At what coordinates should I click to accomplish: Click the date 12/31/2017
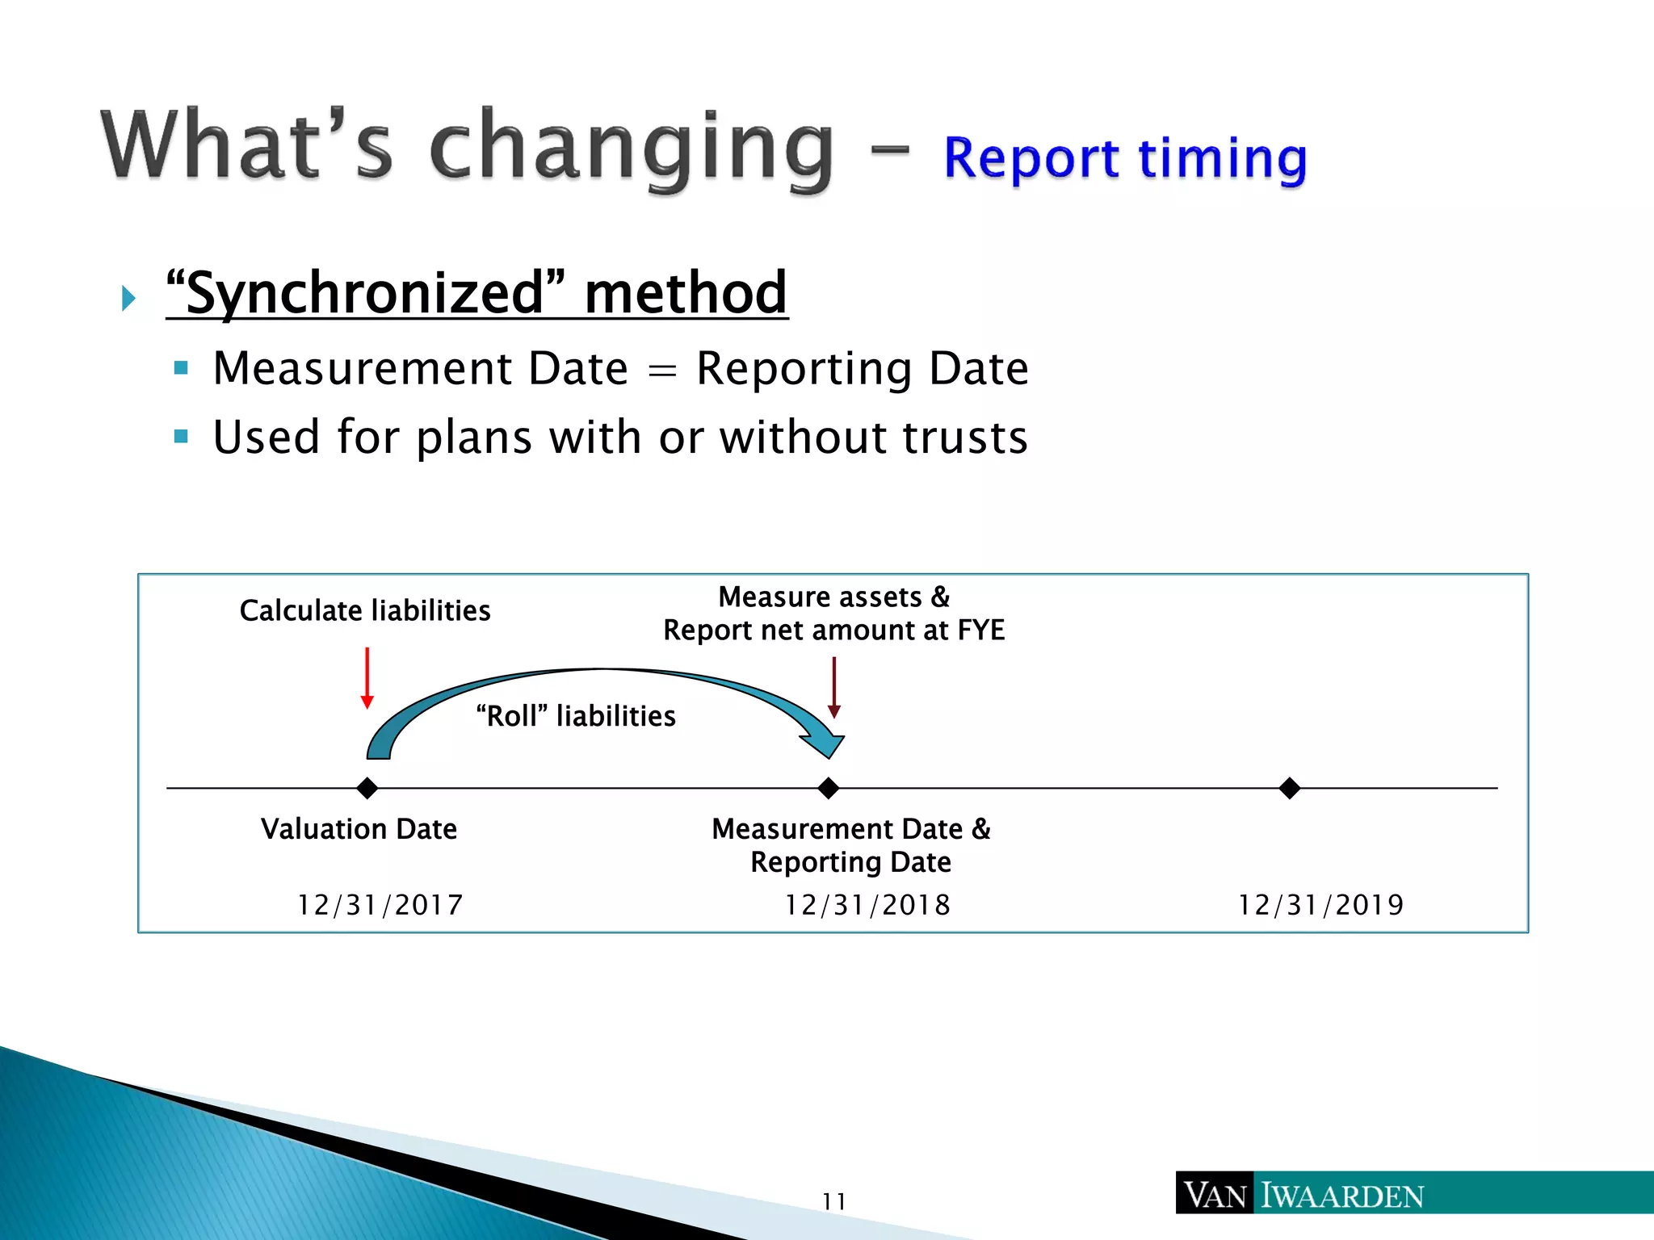pos(380,905)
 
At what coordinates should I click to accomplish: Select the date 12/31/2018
pos(868,905)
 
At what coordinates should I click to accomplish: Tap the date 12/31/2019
pos(1321,905)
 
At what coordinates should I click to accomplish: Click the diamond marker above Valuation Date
pos(367,788)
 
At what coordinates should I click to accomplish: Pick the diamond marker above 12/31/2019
pos(1290,788)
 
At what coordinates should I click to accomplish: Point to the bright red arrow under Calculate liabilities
pos(367,678)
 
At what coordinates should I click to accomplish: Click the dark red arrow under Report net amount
pos(834,687)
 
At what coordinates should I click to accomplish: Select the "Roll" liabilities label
pos(576,716)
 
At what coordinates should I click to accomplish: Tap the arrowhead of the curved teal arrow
pos(825,744)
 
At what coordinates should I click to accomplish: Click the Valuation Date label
pos(359,829)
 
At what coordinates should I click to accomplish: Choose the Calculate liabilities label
pos(365,610)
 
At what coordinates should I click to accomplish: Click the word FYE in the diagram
pos(980,630)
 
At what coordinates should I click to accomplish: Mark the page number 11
pos(833,1201)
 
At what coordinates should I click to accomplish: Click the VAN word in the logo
pos(1215,1196)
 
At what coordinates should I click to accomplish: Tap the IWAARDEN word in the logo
pos(1342,1196)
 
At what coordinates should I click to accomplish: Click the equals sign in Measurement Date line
pos(662,371)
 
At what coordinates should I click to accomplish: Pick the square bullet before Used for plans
pos(181,437)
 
